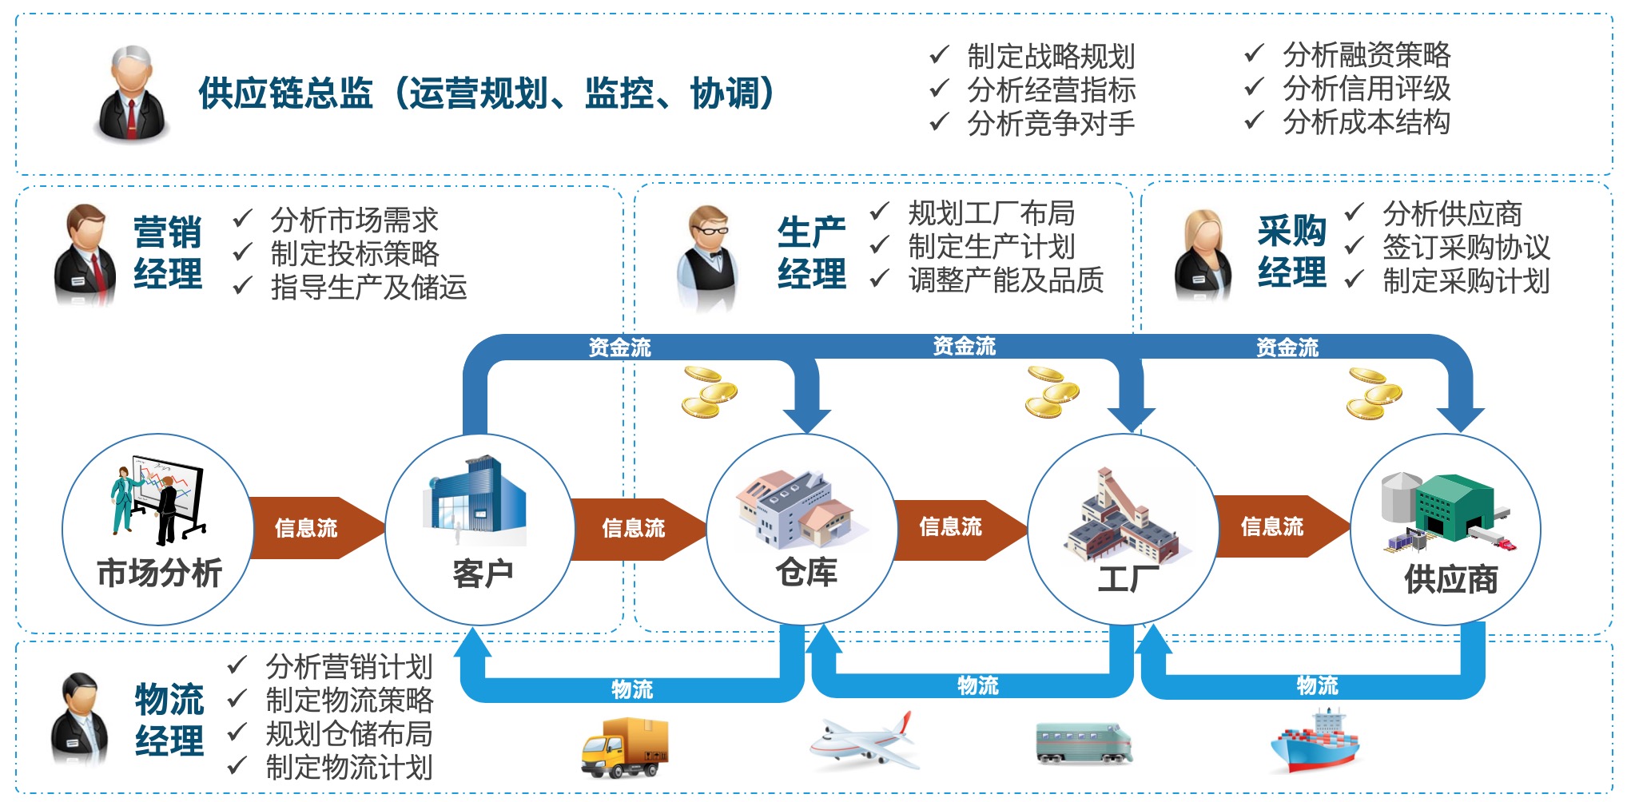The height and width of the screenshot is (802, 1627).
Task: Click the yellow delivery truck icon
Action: [x=624, y=747]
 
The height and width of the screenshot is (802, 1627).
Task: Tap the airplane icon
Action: [x=862, y=740]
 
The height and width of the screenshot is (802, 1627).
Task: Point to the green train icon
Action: [x=1084, y=743]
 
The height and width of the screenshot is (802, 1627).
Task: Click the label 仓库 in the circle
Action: [x=806, y=572]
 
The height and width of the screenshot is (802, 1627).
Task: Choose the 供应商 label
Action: [x=1451, y=579]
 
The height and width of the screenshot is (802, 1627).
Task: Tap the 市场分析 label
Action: [x=159, y=573]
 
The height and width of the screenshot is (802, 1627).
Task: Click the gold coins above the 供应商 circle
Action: [x=1373, y=393]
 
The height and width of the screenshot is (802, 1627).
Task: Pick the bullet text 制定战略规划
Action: [x=1051, y=56]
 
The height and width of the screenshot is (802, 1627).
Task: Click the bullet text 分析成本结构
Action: [x=1366, y=122]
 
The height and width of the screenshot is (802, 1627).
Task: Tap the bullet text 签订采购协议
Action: [x=1466, y=248]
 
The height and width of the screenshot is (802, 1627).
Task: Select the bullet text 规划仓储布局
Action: [x=349, y=733]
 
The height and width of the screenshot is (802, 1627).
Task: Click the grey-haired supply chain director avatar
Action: [x=133, y=94]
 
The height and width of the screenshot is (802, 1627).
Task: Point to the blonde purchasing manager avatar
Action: [x=1203, y=255]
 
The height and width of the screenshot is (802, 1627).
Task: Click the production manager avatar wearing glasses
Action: [x=707, y=257]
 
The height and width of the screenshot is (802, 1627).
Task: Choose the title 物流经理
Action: [x=169, y=720]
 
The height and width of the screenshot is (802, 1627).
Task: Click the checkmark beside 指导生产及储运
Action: [x=243, y=285]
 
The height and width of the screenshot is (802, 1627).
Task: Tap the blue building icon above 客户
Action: [x=477, y=495]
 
